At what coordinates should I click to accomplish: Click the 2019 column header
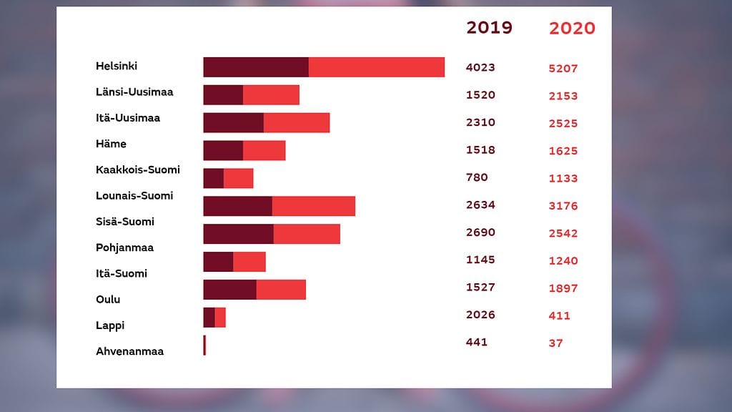[x=489, y=28]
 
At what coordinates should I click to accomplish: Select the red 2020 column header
[x=572, y=29]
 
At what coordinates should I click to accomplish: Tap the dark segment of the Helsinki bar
[x=256, y=67]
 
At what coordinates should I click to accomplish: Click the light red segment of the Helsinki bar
[x=377, y=67]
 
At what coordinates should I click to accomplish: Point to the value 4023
[x=480, y=68]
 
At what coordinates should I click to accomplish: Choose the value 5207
[x=563, y=69]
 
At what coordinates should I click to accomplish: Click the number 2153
[x=563, y=97]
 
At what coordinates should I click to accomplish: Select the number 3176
[x=563, y=207]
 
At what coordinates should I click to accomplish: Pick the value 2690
[x=480, y=232]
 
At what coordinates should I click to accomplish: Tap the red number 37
[x=556, y=344]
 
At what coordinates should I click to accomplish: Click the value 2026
[x=480, y=315]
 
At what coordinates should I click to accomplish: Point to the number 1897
[x=563, y=289]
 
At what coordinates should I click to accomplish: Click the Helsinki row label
[x=117, y=67]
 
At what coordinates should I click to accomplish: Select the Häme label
[x=111, y=144]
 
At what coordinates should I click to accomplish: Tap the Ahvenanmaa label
[x=129, y=351]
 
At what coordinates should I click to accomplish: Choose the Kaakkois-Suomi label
[x=138, y=170]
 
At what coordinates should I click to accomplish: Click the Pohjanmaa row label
[x=125, y=247]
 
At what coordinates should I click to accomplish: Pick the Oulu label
[x=108, y=300]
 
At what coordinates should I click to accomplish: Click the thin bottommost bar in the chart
[x=204, y=345]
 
